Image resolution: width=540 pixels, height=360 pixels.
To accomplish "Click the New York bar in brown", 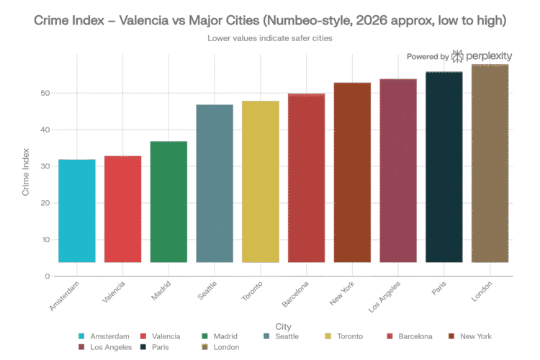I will click(x=353, y=172).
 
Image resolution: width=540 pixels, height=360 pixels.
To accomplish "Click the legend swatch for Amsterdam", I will click(x=81, y=336).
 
